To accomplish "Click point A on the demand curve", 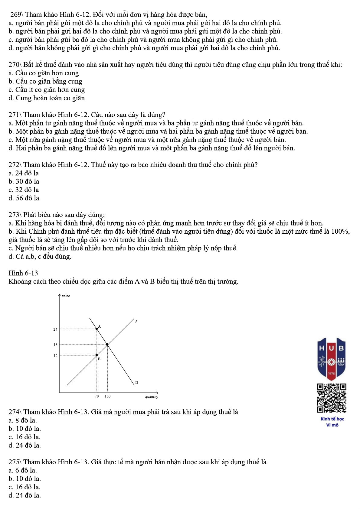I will pos(97,329).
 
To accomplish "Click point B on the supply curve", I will pos(97,355).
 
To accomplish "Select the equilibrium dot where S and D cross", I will pos(107,345).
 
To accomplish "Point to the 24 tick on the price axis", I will pos(55,329).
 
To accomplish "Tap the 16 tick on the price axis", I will pos(55,345).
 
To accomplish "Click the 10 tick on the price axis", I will pos(55,356).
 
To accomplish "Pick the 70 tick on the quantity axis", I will pos(97,396).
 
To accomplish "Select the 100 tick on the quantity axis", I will pos(108,396).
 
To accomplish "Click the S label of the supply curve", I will pos(136,322).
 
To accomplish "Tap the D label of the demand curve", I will pos(136,383).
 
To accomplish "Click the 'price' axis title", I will pos(66,296).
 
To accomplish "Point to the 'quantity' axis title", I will pos(152,397).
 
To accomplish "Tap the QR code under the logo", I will pos(332,398).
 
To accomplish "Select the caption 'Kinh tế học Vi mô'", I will pos(332,422).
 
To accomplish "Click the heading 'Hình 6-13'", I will pos(23,273).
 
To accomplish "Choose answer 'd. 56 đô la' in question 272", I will pos(24,198).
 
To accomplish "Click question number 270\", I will pos(15,65).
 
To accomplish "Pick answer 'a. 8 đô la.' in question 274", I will pos(23,420).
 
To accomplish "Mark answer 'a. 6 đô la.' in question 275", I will pos(23,471).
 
